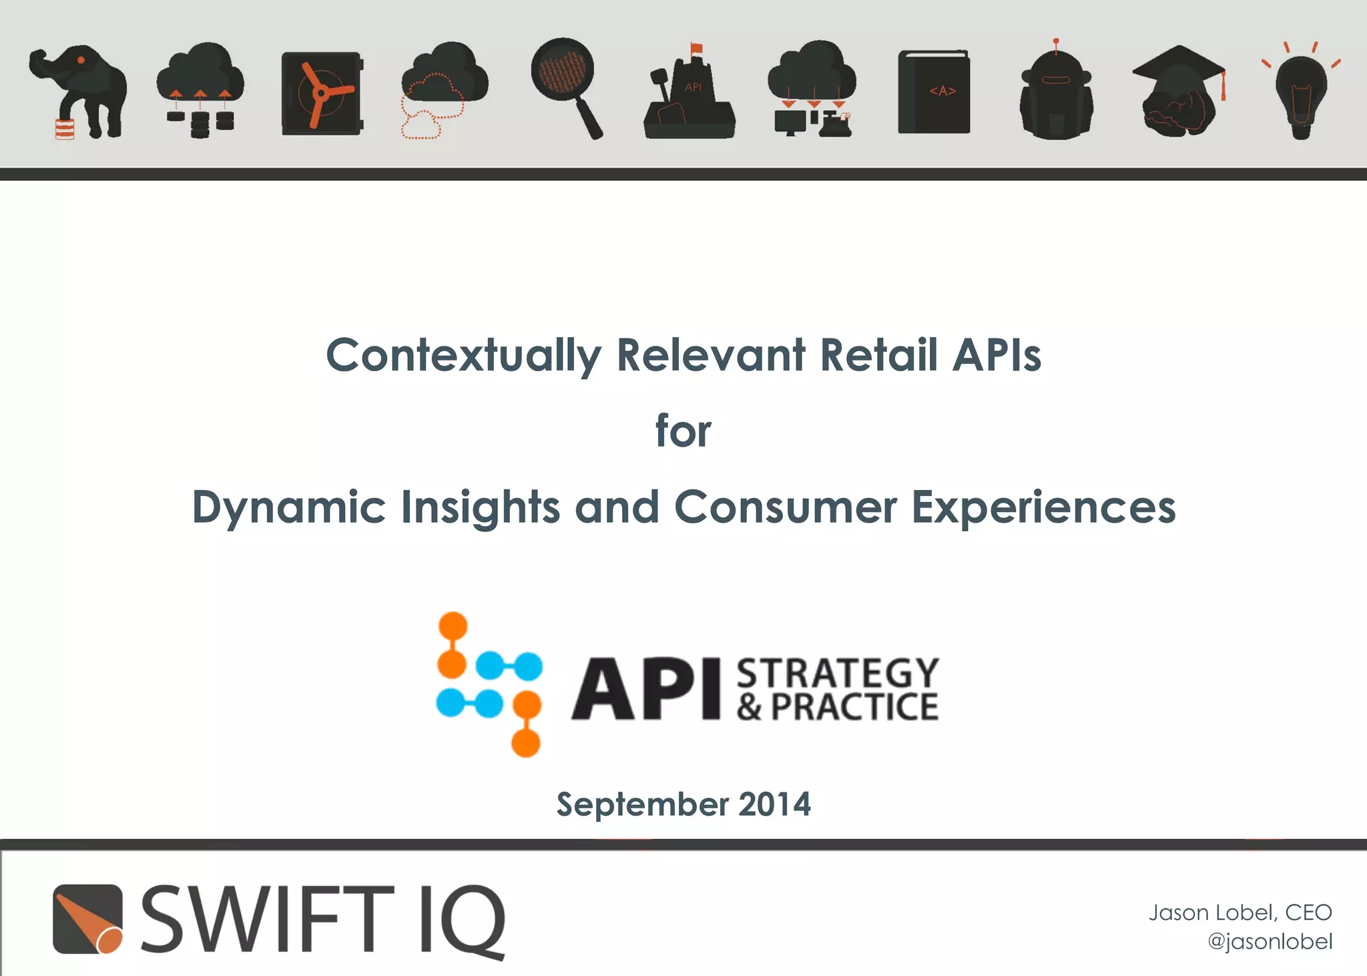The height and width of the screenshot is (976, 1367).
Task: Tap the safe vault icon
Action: pos(322,93)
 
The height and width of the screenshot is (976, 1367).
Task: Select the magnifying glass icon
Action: pos(566,83)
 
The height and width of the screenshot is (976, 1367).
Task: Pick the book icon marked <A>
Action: pos(934,91)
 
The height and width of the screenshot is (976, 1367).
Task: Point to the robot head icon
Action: pos(1056,93)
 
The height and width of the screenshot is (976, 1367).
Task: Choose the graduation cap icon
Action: pos(1179,90)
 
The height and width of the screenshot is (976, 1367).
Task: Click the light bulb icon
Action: pos(1301,93)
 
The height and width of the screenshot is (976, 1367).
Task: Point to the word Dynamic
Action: pos(289,507)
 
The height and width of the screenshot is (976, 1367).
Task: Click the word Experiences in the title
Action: pos(1043,507)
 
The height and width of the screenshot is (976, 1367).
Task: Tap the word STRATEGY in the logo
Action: pos(838,672)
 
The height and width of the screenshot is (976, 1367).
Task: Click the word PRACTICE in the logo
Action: pos(854,707)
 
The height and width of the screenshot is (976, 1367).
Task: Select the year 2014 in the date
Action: pos(774,804)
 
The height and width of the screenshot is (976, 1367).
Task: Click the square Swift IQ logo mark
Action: pos(87,919)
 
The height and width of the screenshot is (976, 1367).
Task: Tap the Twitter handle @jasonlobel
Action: pos(1270,941)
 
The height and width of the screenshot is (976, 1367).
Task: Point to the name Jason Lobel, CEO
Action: pos(1240,912)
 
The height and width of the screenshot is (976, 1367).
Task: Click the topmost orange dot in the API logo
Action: pos(453,626)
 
